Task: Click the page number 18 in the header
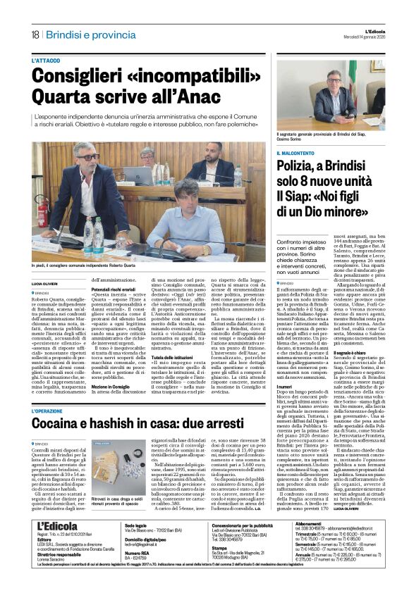pos(35,35)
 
